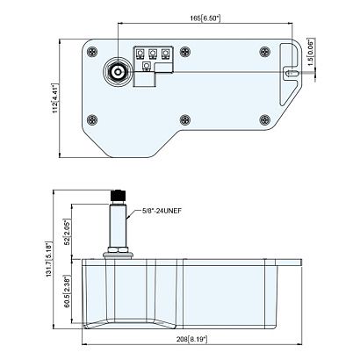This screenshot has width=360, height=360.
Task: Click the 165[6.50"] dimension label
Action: [205, 18]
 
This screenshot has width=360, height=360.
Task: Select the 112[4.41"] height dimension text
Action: [55, 98]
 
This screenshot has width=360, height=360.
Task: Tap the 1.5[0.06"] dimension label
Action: [310, 53]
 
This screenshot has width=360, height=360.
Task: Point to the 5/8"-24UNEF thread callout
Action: [162, 211]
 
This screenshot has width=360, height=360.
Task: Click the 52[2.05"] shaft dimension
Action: [68, 232]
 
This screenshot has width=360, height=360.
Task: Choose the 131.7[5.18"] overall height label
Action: [49, 259]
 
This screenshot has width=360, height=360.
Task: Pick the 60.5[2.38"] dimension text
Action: [68, 292]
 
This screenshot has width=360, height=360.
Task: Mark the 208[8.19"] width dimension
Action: [191, 339]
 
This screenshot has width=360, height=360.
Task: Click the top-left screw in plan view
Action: [92, 52]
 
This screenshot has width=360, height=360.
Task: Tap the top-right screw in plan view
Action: [265, 52]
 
